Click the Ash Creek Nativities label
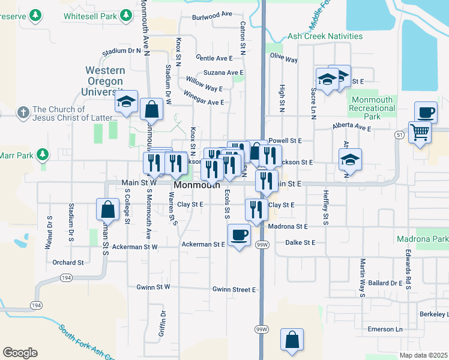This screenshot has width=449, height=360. tap(325, 37)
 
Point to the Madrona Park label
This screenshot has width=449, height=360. tap(423, 238)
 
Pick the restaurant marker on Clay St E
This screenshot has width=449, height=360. tap(256, 209)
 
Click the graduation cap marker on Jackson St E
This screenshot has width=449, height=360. tap(350, 160)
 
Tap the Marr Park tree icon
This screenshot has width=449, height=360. tap(42, 155)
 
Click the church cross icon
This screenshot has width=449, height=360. tap(23, 112)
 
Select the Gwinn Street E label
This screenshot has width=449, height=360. tap(234, 290)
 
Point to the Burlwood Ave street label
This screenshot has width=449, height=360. tap(212, 13)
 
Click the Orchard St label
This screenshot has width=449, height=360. tap(68, 263)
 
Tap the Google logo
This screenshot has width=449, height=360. tap(20, 352)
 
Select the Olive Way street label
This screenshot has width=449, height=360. tap(284, 59)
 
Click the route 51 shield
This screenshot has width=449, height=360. tap(399, 136)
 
